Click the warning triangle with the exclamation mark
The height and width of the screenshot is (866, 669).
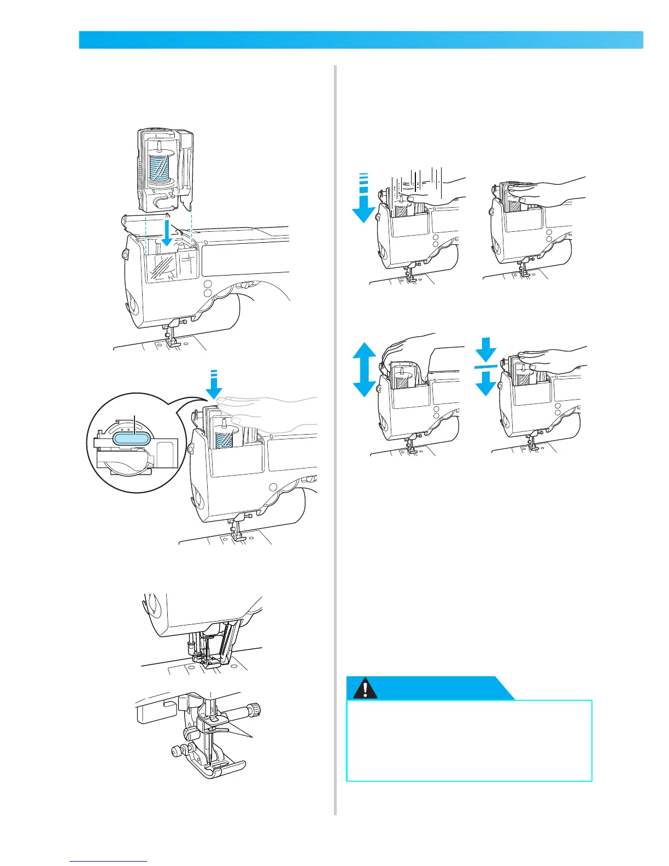click(x=365, y=689)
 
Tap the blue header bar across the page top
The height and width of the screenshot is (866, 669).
click(x=361, y=40)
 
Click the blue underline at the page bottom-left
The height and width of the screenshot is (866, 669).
click(x=108, y=862)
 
